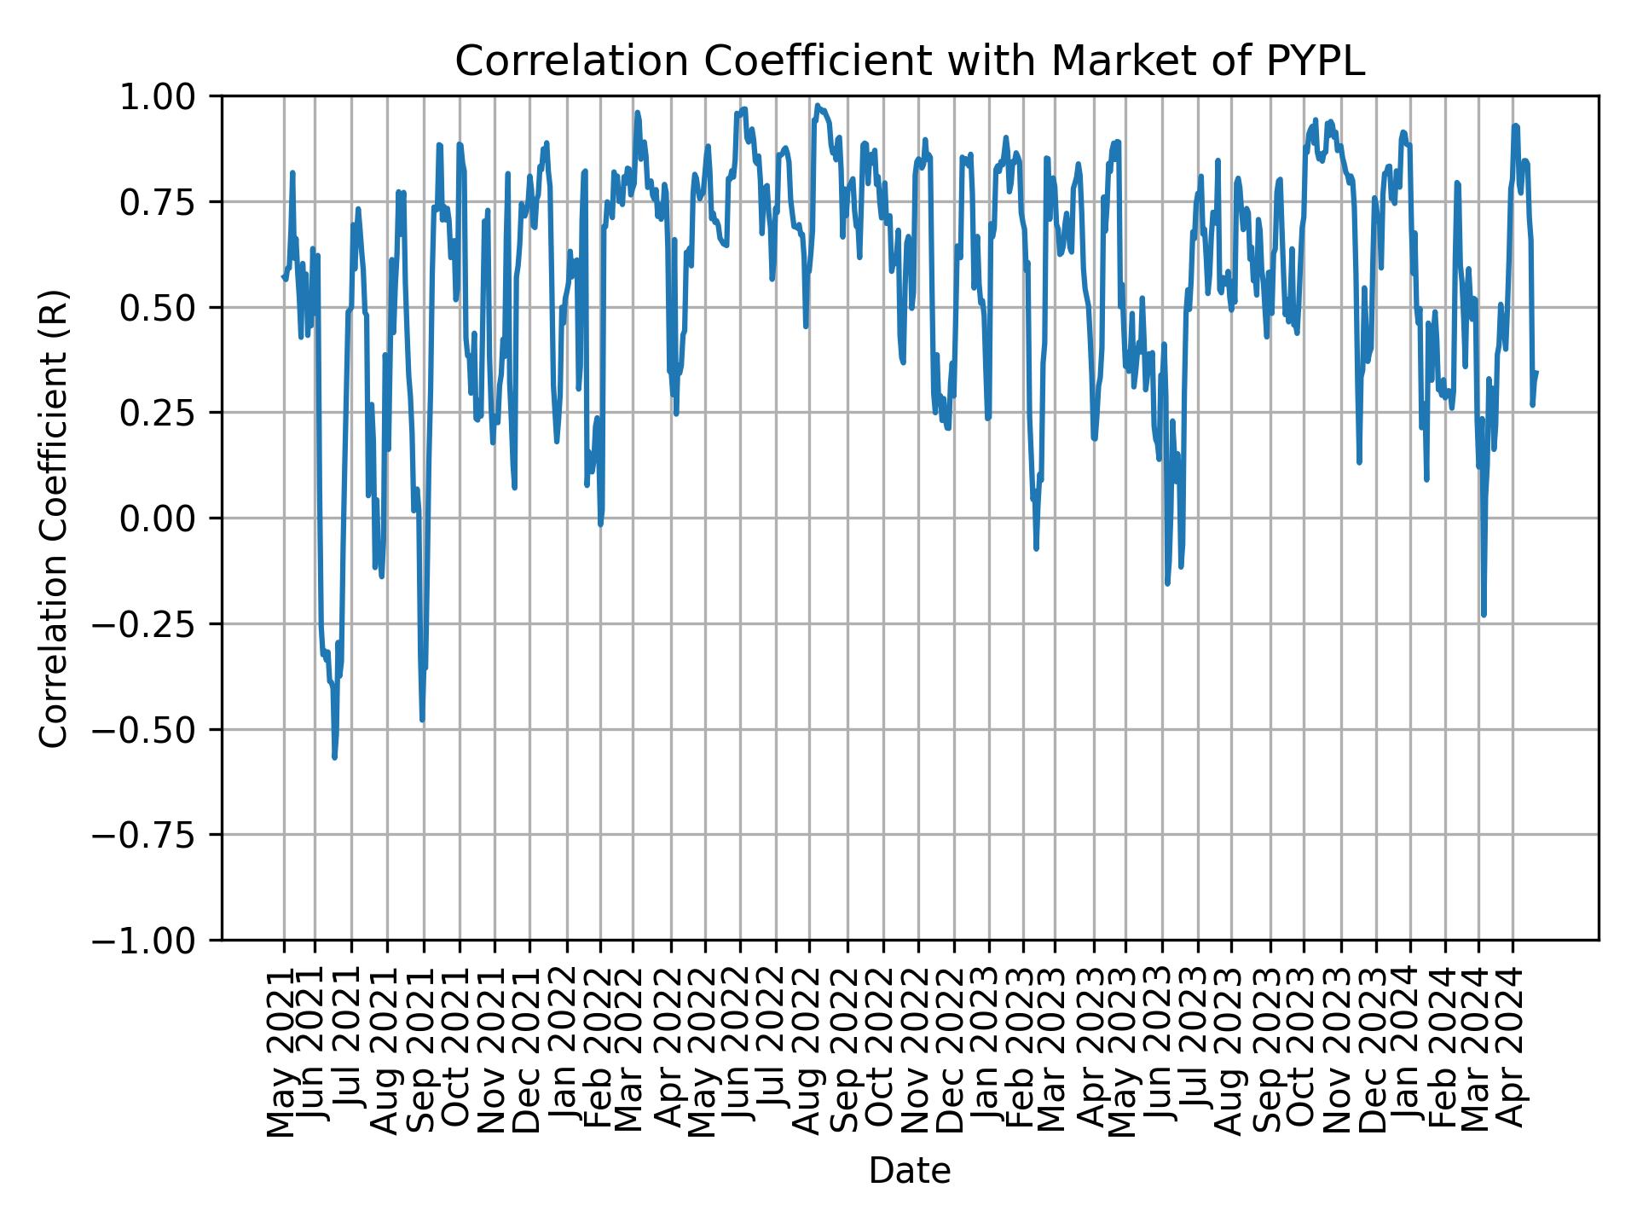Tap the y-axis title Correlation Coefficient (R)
[x=53, y=518]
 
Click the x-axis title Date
[x=909, y=1172]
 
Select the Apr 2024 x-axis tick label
[x=1513, y=1051]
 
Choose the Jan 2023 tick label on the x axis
[x=989, y=1051]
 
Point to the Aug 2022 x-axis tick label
[x=809, y=1051]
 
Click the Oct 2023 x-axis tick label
[x=1303, y=1051]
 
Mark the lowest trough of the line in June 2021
[x=334, y=756]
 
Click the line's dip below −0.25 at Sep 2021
[x=422, y=720]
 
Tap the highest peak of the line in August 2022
[x=817, y=106]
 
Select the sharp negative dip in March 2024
[x=1484, y=614]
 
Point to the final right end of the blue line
[x=1536, y=372]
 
